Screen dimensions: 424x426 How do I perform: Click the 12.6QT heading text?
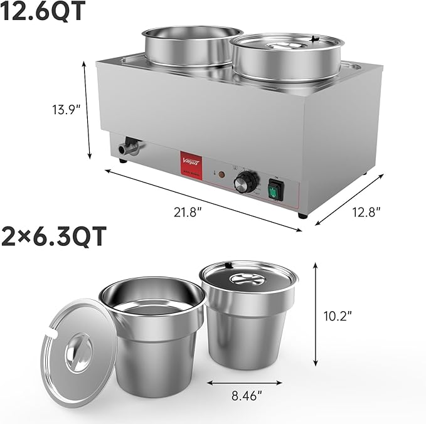click(43, 13)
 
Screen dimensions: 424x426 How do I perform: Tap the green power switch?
click(276, 190)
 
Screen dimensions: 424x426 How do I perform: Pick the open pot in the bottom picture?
click(150, 332)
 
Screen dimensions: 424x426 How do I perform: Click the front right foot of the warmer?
click(303, 215)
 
